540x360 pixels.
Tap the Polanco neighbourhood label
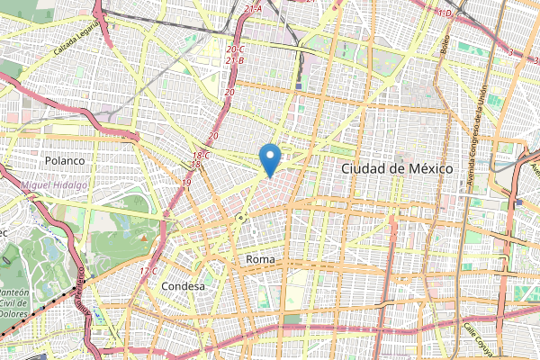63,161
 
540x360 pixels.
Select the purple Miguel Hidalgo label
53,184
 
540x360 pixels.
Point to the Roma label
259,258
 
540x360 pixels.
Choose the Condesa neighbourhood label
183,285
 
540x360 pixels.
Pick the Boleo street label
445,43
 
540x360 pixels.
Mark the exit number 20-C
236,49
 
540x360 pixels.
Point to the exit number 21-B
235,60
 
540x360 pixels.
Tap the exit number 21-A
252,9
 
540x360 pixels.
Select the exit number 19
186,183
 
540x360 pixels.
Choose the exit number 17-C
148,271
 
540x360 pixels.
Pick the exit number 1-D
443,13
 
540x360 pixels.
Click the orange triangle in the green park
141,237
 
